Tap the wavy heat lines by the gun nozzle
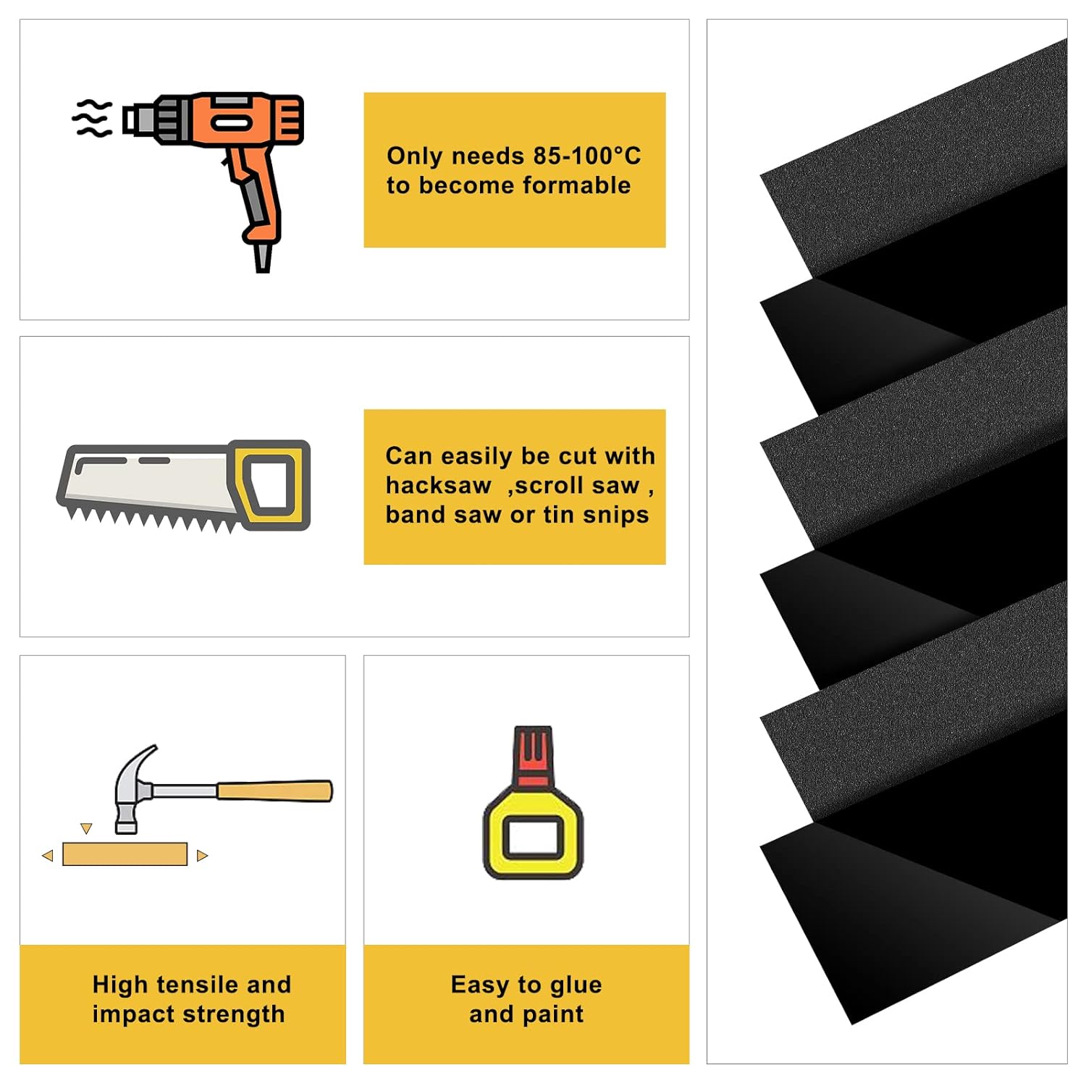[93, 119]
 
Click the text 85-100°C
[586, 156]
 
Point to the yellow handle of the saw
[269, 484]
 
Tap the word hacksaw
[438, 485]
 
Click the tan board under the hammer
[125, 854]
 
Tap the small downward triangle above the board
[86, 828]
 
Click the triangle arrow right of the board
[202, 856]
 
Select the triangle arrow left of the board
[48, 856]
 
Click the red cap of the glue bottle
[533, 757]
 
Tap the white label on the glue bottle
[533, 838]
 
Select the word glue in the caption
[576, 985]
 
